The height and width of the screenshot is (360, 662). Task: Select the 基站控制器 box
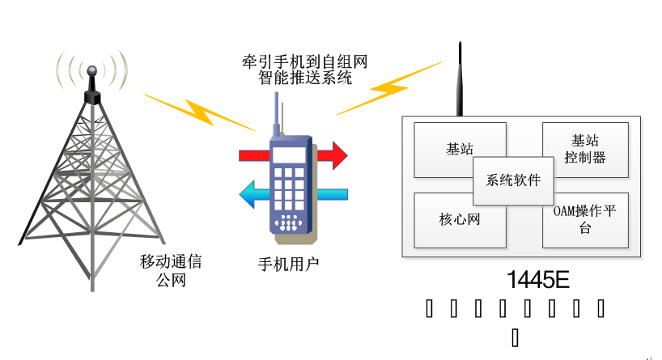point(585,150)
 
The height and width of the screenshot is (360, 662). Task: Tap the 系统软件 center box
point(513,180)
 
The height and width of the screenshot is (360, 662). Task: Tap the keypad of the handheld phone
point(288,194)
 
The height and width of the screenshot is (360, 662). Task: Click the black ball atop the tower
point(91,74)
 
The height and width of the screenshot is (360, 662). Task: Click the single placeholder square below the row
point(515,336)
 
